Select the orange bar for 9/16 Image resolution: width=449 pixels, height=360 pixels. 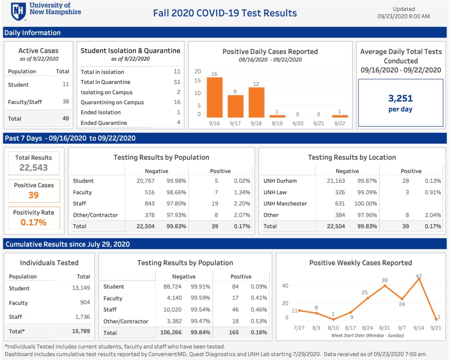215,97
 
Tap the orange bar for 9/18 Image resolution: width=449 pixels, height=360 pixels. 256,102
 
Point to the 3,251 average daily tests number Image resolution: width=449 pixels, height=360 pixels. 401,98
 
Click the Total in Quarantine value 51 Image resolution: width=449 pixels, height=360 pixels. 177,82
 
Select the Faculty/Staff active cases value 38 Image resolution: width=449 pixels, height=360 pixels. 66,102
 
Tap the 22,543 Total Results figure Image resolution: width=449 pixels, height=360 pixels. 34,168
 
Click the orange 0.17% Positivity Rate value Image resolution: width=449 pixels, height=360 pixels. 34,222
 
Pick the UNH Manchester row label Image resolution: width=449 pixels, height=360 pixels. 285,203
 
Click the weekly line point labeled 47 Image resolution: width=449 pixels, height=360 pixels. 418,279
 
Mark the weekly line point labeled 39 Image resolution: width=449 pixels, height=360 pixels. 385,285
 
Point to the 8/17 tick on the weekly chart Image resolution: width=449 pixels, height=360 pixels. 350,328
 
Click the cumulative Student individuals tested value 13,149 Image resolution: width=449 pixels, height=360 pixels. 81,288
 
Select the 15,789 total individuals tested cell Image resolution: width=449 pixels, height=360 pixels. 81,331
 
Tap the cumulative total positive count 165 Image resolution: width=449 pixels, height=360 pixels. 234,333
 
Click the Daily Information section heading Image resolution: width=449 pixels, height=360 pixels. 32,33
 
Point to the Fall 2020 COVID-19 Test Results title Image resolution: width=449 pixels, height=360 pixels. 225,13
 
